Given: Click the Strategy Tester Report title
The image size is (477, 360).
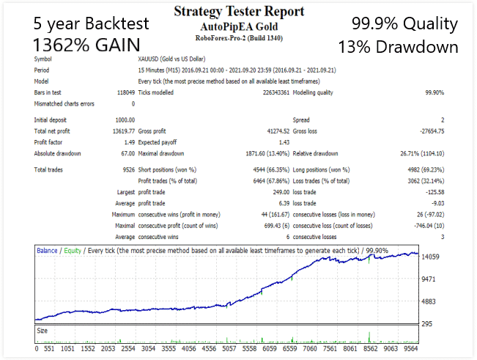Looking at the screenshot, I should click(238, 12).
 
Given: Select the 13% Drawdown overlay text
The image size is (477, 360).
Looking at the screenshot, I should click(398, 48).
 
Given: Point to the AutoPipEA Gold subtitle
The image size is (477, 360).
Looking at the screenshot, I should click(238, 26).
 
